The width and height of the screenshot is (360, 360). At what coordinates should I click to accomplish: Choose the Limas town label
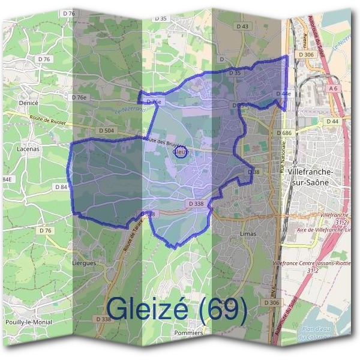pyautogui.click(x=248, y=233)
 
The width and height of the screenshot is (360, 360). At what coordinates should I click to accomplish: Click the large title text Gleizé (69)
pyautogui.click(x=177, y=309)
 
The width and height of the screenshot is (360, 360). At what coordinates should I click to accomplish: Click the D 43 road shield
pyautogui.click(x=242, y=26)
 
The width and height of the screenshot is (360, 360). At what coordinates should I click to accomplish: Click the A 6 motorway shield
pyautogui.click(x=334, y=88)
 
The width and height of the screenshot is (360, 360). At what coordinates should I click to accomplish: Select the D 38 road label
pyautogui.click(x=254, y=172)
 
